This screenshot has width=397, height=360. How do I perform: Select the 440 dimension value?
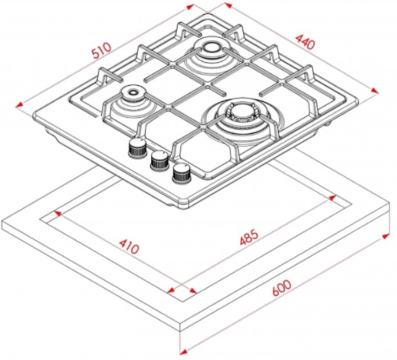(306, 42)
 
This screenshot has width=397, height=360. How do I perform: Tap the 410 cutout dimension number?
(129, 246)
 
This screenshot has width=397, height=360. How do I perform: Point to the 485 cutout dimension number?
(250, 237)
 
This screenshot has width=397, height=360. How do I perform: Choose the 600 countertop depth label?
(282, 288)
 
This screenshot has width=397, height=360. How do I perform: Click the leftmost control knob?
(137, 148)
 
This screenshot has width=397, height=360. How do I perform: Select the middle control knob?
(159, 161)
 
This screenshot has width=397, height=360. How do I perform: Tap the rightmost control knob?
(182, 173)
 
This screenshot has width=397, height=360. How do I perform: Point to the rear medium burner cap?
(212, 47)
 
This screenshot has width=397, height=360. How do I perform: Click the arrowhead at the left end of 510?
(19, 105)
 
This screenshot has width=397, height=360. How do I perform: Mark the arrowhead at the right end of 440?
(375, 90)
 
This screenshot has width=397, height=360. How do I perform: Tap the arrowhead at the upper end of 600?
(386, 237)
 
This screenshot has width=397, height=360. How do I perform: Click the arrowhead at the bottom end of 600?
(183, 352)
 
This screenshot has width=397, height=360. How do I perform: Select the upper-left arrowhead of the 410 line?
(58, 213)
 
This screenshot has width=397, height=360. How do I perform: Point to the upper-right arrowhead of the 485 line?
(332, 198)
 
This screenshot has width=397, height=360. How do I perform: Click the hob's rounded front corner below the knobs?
(183, 204)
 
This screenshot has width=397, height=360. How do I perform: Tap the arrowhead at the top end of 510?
(190, 7)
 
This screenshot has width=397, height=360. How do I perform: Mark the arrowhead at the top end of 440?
(228, 5)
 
